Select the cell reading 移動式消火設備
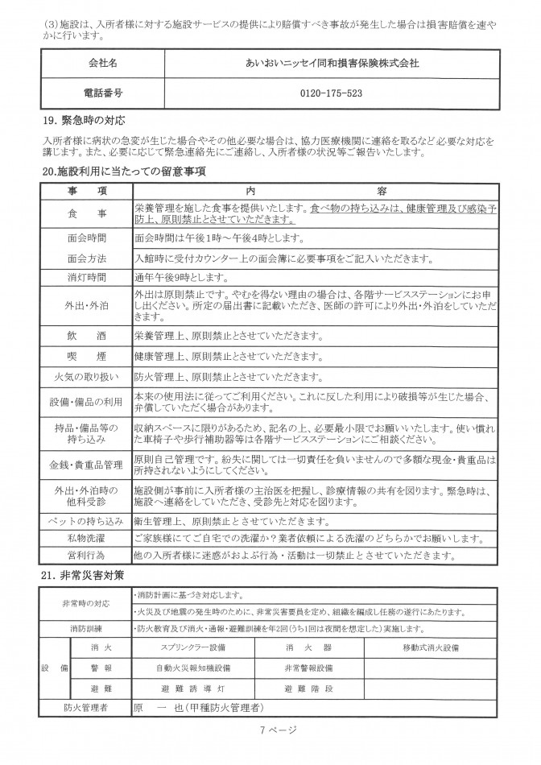coord(431,647)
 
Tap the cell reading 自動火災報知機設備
coord(193,668)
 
